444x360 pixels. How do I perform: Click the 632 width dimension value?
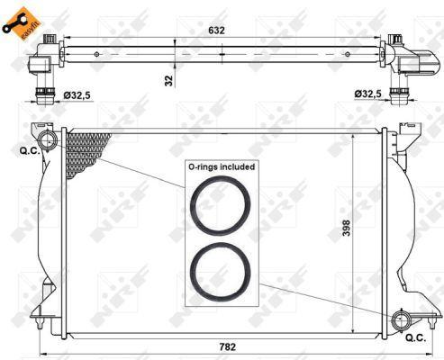coord(216,31)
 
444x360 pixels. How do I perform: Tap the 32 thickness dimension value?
coord(169,80)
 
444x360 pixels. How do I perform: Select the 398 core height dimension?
coord(346,228)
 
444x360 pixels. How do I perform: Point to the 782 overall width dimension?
coord(227,346)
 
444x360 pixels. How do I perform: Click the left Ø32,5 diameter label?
coord(77,95)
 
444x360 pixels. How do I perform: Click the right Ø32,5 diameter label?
coord(367,94)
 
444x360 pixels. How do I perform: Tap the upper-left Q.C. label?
coord(30,150)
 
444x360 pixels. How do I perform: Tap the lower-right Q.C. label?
coord(416,338)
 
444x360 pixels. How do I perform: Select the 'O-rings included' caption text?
coord(222,166)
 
